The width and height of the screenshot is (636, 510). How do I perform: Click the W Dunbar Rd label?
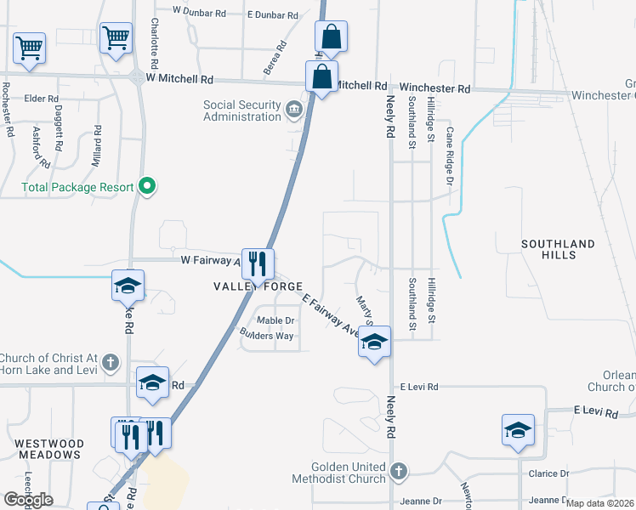200,11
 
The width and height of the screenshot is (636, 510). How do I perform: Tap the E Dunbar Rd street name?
273,15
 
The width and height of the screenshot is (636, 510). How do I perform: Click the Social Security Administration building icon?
293,108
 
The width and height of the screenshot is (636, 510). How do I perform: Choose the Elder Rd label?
41,99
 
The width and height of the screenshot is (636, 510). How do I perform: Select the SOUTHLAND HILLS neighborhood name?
559,250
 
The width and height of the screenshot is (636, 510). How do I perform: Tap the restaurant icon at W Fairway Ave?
257,263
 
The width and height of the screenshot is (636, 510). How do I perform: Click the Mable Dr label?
275,320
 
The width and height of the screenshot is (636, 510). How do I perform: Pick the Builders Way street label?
266,336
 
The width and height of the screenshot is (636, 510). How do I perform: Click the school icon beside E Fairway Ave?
374,342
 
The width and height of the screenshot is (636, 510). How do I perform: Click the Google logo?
28,499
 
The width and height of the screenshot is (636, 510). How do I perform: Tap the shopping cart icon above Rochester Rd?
30,48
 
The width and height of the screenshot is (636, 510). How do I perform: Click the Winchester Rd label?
434,88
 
